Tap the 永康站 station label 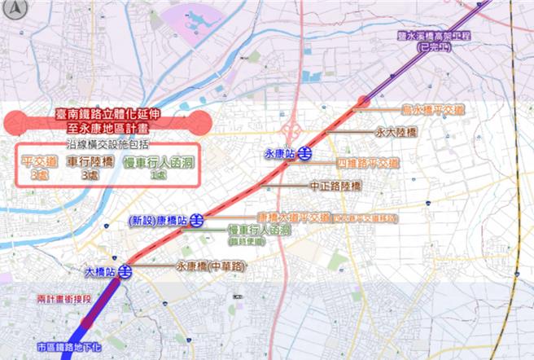point(279,152)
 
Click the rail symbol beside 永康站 point(302,152)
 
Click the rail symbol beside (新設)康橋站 point(195,220)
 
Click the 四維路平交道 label point(367,163)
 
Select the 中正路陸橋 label point(336,187)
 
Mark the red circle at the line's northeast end point(363,101)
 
